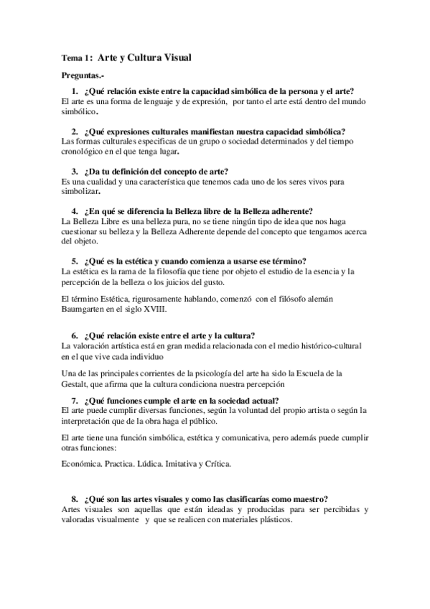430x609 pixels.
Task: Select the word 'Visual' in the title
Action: coord(174,57)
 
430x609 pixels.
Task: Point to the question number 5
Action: coord(75,261)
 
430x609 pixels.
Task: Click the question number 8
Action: coord(75,498)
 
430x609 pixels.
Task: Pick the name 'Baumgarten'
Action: coord(85,309)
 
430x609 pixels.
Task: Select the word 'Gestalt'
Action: coord(76,383)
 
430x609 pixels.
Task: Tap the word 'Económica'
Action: coord(81,464)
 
